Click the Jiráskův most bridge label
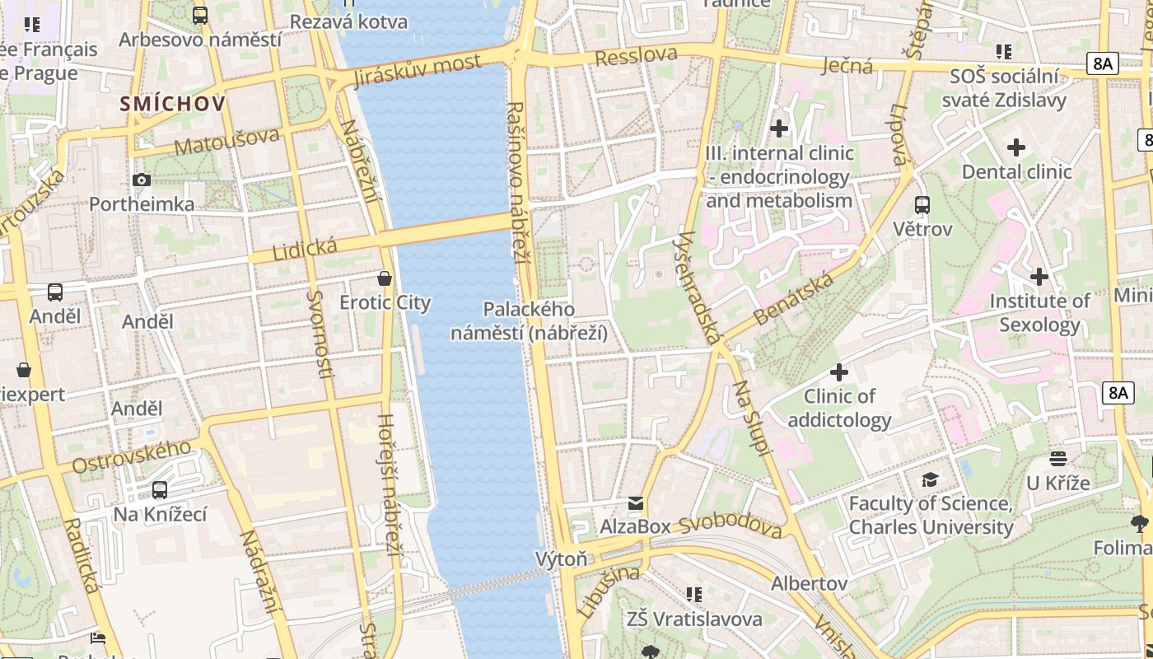pos(417,70)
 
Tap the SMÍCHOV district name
pos(172,104)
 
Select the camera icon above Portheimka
pos(142,180)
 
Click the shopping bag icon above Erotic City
pos(385,278)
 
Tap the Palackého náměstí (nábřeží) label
pos(529,320)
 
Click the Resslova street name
pos(636,56)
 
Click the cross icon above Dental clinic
pos(1016,147)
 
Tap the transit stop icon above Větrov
pos(922,204)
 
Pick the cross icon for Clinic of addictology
pos(839,372)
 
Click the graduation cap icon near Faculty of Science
pos(930,479)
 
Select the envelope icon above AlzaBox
pos(635,502)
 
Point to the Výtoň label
pos(562,559)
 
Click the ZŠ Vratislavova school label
pos(694,619)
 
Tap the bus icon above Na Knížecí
pos(160,490)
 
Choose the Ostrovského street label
pos(132,457)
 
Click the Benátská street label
pos(793,298)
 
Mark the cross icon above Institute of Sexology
pos(1039,277)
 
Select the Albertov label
pos(809,583)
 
